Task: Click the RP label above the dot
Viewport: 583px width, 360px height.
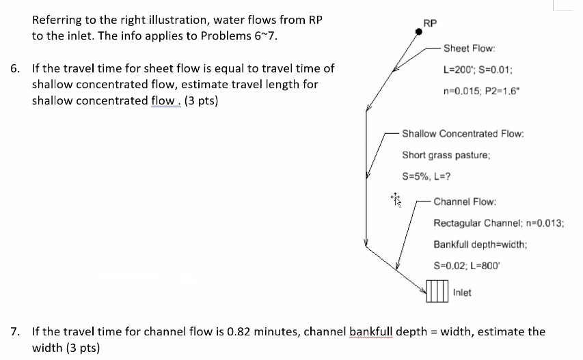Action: (430, 23)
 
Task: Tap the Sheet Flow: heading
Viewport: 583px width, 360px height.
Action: (469, 49)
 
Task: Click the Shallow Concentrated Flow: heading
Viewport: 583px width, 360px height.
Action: (463, 133)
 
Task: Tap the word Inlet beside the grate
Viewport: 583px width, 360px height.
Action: (462, 292)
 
